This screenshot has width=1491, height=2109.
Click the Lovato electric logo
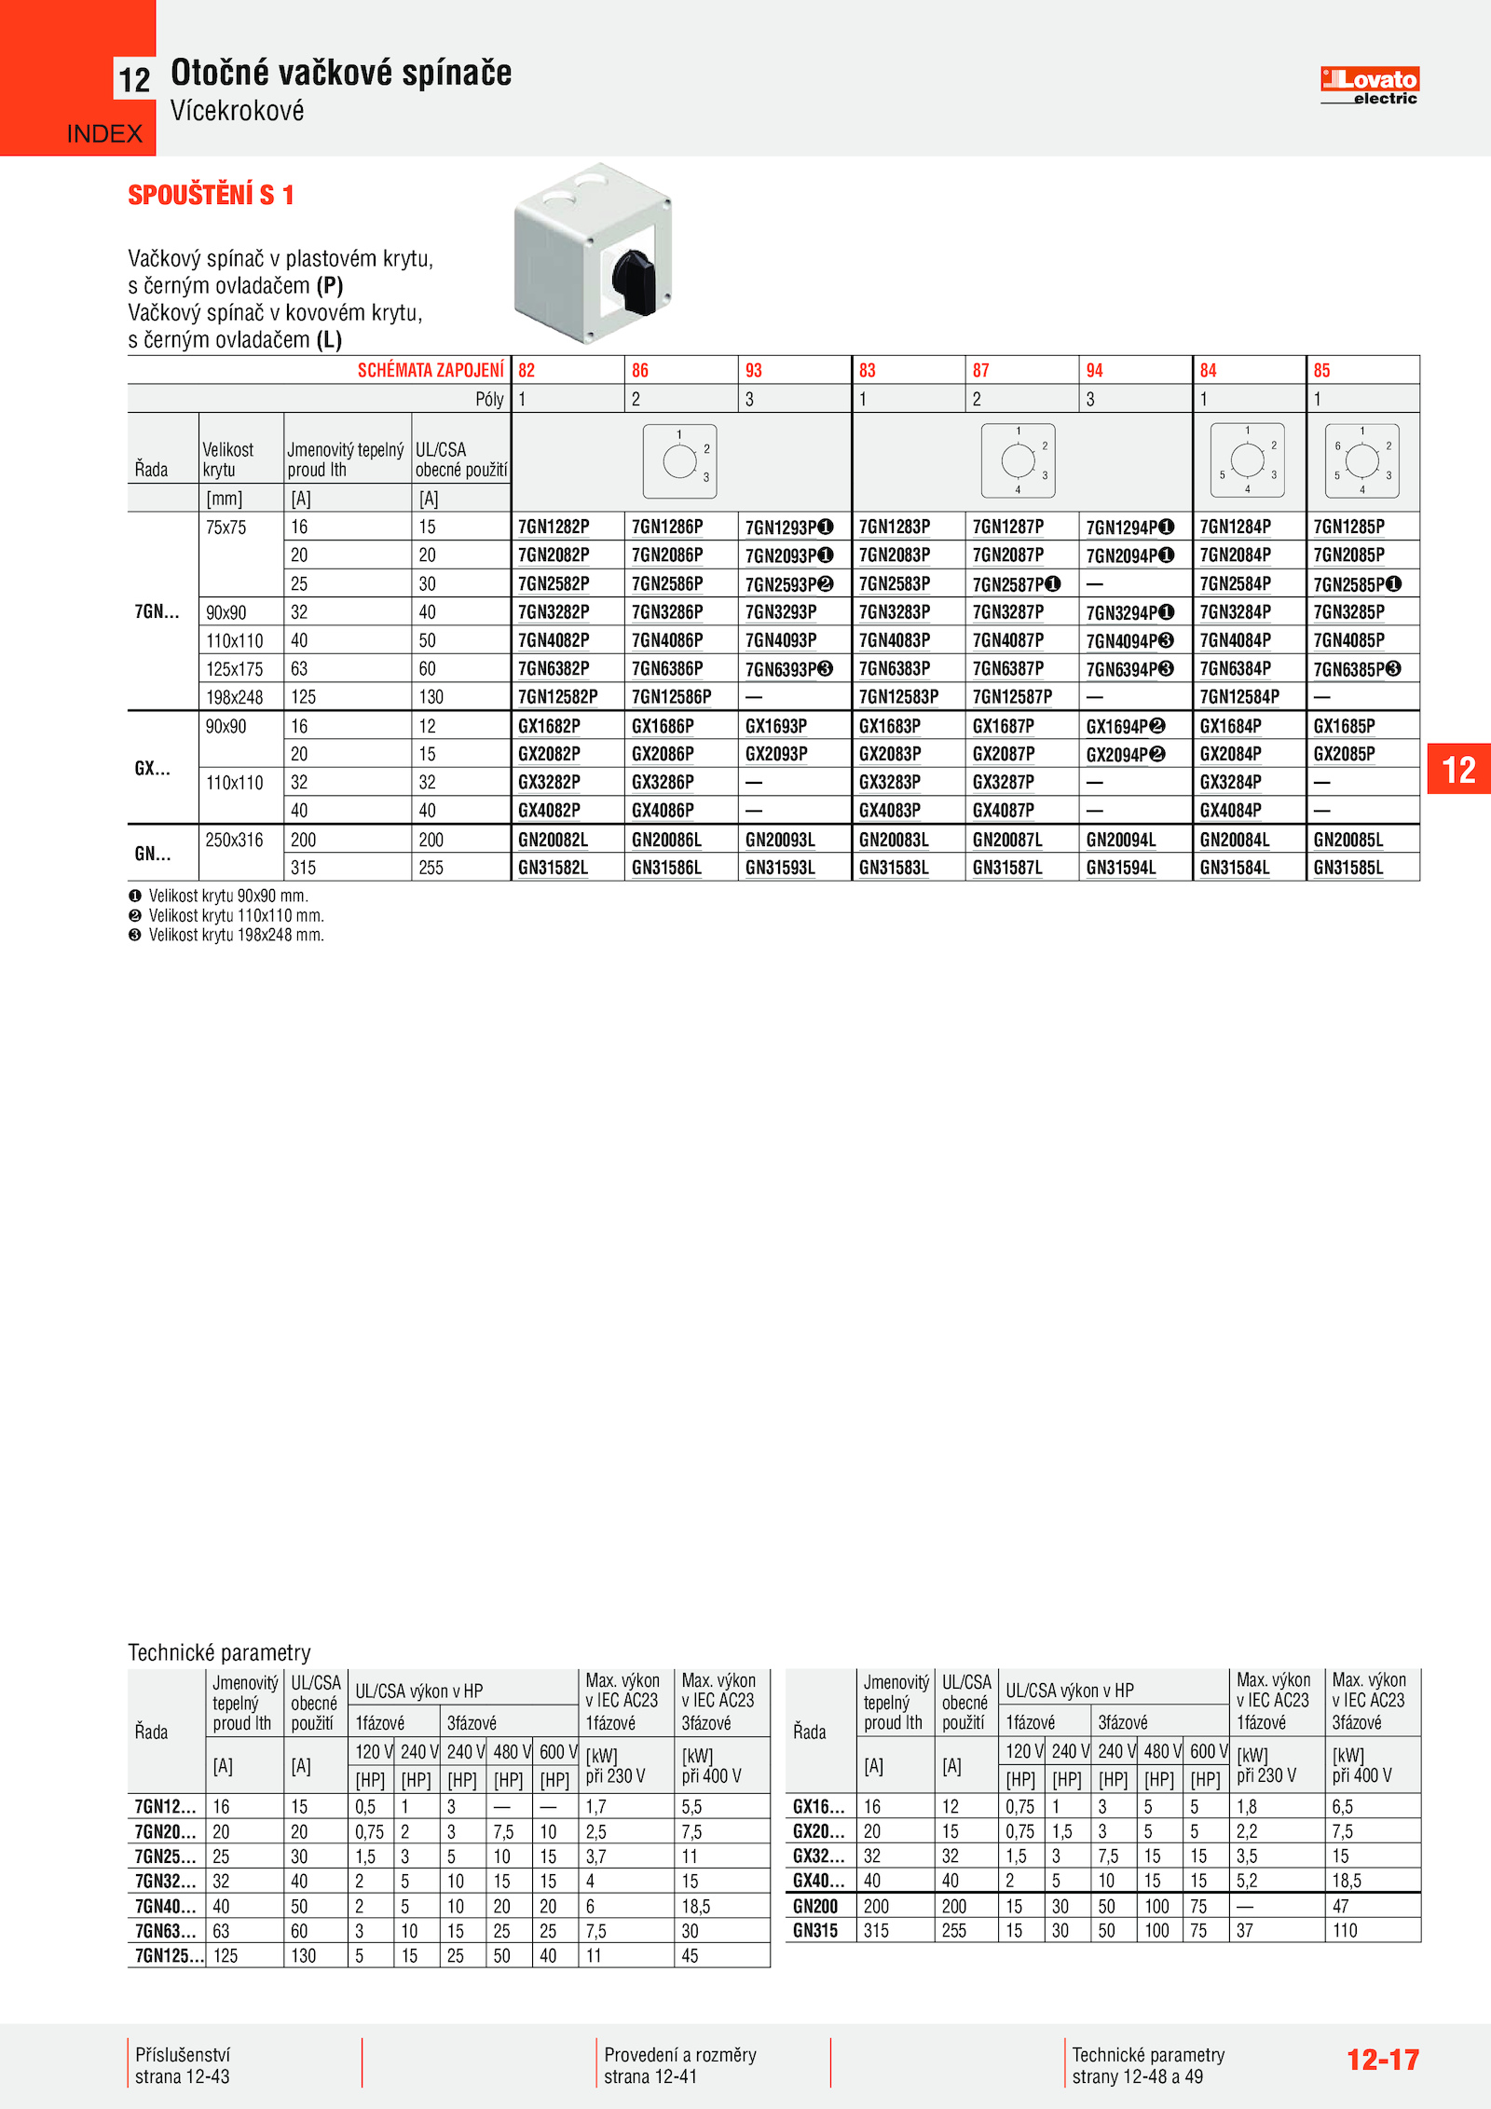1369,86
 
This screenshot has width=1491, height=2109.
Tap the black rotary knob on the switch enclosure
634,281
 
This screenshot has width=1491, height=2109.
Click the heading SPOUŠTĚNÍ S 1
211,195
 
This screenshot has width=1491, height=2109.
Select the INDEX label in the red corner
104,134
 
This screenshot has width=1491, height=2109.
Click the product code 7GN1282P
554,527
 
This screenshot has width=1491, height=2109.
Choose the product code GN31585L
1347,868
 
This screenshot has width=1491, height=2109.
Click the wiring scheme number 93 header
754,370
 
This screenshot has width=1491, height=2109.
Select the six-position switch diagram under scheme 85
1361,460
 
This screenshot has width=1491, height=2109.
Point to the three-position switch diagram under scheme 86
680,460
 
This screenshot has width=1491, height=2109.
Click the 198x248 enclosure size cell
235,697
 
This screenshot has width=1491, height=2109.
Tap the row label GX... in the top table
153,768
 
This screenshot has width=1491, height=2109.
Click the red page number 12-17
1382,2059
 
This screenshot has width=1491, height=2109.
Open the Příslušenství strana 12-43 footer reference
183,2065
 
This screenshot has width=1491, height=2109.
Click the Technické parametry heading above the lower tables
219,1652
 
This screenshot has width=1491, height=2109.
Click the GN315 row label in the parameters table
814,1930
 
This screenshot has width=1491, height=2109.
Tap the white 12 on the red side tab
1458,770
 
